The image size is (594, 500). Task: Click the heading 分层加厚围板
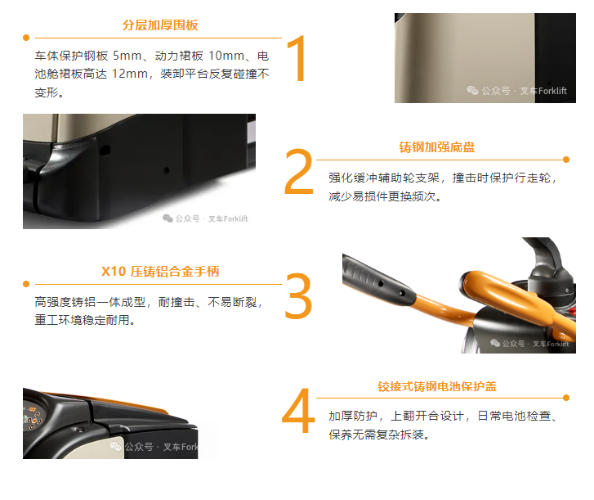click(x=160, y=25)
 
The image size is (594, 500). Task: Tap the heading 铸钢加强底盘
click(x=437, y=147)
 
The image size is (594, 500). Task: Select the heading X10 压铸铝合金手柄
click(x=160, y=271)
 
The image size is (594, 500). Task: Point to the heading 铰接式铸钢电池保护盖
click(x=437, y=386)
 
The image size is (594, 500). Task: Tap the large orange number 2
click(x=299, y=172)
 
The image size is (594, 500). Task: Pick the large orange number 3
click(x=298, y=295)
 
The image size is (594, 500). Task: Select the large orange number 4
click(x=298, y=410)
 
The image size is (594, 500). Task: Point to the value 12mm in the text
click(x=130, y=74)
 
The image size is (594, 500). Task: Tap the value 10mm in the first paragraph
click(x=226, y=56)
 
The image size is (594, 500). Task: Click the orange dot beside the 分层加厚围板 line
click(x=26, y=38)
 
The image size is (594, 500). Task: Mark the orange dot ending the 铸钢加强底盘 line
click(x=566, y=160)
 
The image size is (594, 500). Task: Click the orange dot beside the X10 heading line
click(x=26, y=284)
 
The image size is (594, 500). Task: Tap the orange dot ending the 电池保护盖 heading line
click(x=566, y=398)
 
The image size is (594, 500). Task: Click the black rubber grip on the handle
click(x=377, y=280)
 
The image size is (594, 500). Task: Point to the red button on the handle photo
click(x=572, y=312)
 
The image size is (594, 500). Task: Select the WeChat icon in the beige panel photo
click(x=472, y=90)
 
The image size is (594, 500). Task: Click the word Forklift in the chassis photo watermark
click(x=235, y=218)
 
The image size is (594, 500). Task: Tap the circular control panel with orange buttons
click(x=32, y=417)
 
